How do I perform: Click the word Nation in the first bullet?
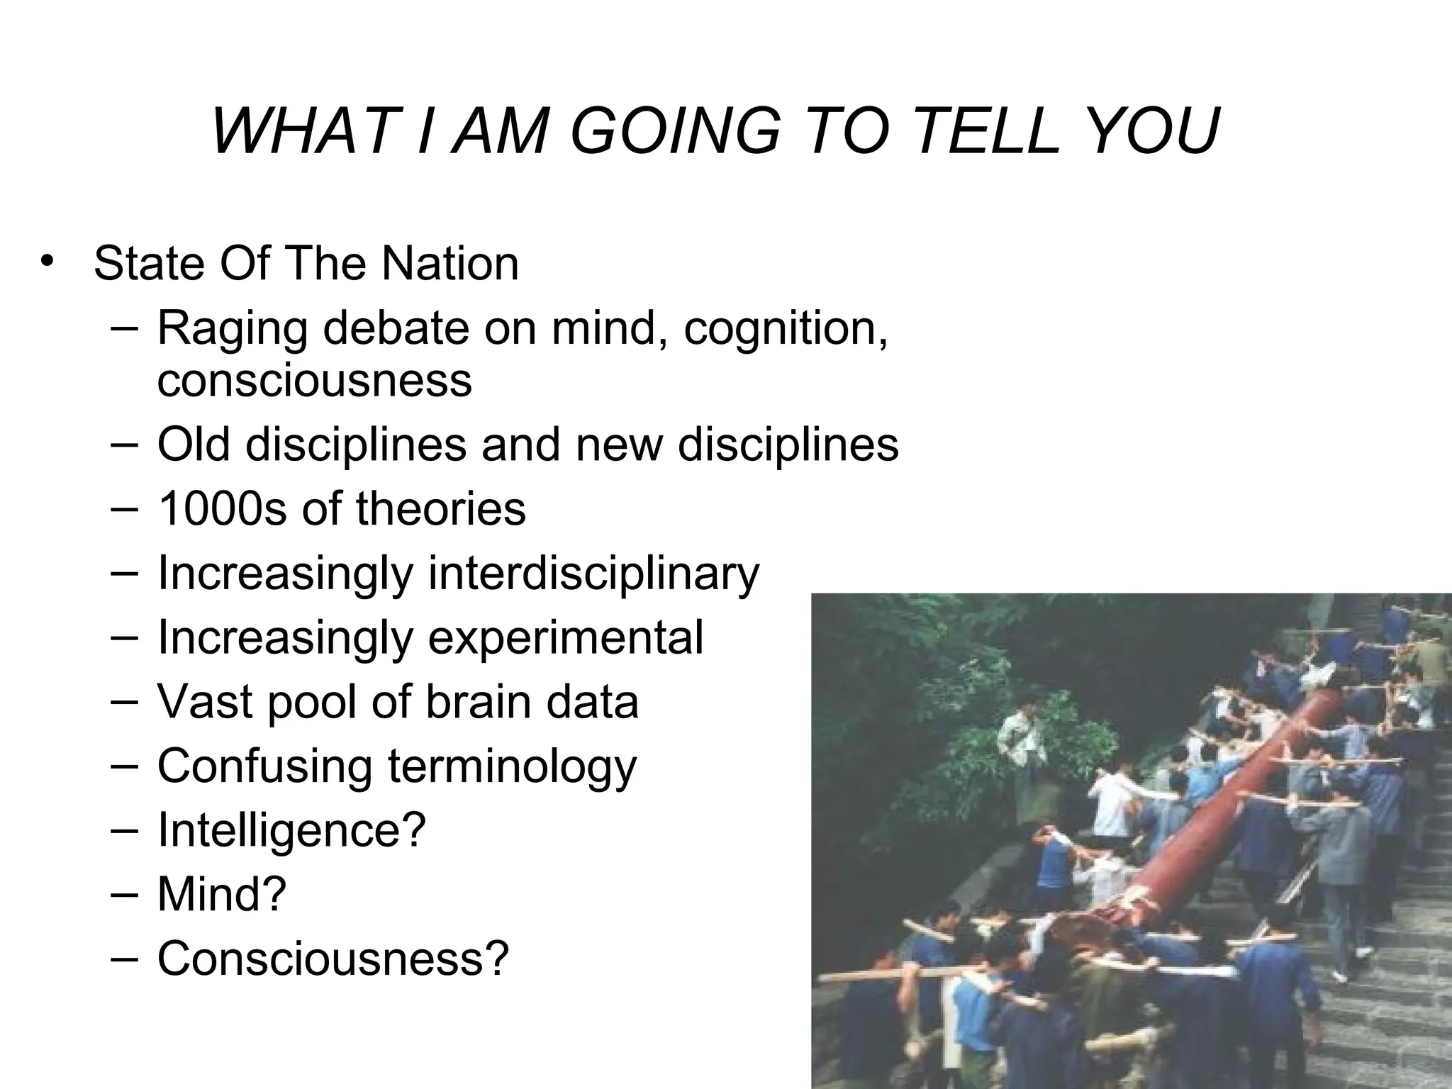pos(450,263)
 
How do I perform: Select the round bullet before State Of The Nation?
pos(47,260)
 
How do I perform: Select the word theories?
pos(440,508)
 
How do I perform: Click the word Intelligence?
pos(291,830)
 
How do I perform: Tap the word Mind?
pos(222,893)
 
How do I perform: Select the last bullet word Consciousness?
pos(333,958)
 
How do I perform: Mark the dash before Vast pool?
pos(124,700)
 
